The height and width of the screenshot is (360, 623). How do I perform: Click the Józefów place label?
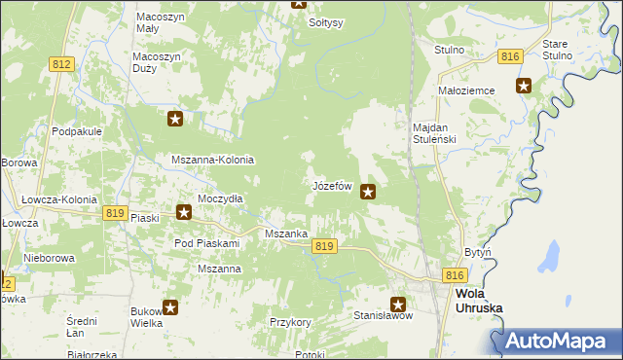tap(331, 185)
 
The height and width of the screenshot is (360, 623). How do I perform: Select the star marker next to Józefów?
tap(368, 192)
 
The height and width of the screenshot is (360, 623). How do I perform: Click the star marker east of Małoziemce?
tap(524, 86)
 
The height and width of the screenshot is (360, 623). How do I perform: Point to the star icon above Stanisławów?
tap(399, 304)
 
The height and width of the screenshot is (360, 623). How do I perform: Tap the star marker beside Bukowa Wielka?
tap(170, 308)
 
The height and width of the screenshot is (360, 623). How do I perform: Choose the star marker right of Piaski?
tap(183, 212)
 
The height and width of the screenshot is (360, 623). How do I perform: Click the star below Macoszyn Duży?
tap(175, 120)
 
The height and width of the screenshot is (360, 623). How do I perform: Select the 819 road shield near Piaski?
tap(115, 213)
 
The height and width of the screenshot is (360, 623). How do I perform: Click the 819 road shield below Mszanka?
tap(325, 247)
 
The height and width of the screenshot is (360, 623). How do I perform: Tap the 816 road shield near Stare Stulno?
tap(509, 57)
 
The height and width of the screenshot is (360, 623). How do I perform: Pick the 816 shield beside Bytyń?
tap(454, 276)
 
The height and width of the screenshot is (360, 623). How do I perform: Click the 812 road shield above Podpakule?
tap(61, 63)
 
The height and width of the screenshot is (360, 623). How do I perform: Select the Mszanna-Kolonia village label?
tap(212, 160)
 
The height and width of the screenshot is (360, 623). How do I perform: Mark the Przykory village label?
tap(290, 322)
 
